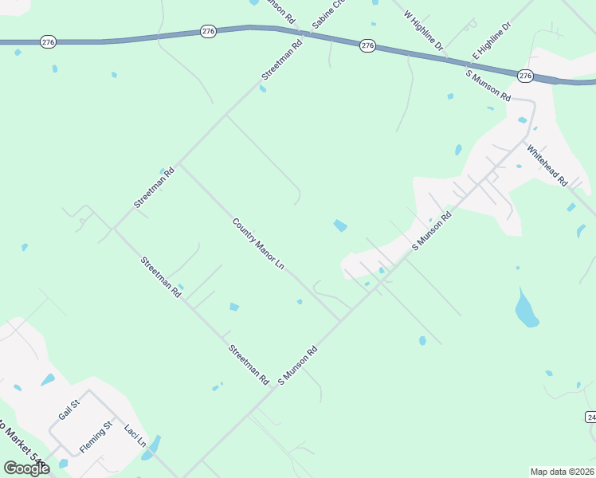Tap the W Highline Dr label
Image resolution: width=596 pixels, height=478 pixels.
point(423,31)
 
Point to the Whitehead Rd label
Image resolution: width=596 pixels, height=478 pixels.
point(546,165)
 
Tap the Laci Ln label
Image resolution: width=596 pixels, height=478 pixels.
point(134,436)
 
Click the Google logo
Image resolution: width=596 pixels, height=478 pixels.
point(26,468)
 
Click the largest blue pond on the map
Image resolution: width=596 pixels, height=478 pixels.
point(526,308)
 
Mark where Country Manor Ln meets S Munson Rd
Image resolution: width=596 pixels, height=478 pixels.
point(341,321)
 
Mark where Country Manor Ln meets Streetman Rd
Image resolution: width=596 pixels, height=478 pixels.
point(178,164)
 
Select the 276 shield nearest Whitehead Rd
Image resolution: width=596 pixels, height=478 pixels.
point(525,75)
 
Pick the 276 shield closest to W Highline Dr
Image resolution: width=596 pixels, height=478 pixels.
point(367,46)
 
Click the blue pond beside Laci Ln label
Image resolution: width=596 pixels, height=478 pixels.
point(151,447)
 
